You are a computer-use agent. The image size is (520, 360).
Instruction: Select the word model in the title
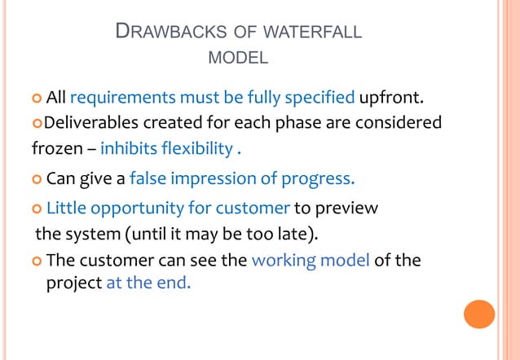coord(239,59)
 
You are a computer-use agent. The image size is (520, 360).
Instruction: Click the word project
coord(73,286)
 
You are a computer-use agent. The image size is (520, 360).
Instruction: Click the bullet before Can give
coord(36,178)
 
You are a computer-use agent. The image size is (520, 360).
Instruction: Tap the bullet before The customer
coord(36,262)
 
